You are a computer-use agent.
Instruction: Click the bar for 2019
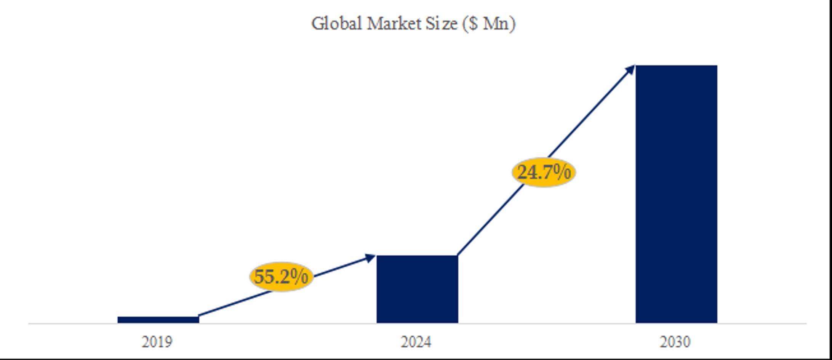pyautogui.click(x=158, y=320)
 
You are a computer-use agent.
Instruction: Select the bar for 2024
pyautogui.click(x=417, y=289)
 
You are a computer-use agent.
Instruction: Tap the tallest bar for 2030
pyautogui.click(x=676, y=194)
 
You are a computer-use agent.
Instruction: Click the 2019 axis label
pyautogui.click(x=157, y=342)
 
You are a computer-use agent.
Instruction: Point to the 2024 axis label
pyautogui.click(x=416, y=342)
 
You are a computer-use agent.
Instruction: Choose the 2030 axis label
pyautogui.click(x=675, y=342)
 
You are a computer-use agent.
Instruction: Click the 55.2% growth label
pyautogui.click(x=281, y=277)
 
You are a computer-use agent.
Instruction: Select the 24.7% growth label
pyautogui.click(x=544, y=172)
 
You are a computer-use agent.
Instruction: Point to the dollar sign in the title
pyautogui.click(x=473, y=24)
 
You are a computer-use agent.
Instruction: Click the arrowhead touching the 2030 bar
pyautogui.click(x=630, y=70)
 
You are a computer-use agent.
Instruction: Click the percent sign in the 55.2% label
pyautogui.click(x=301, y=277)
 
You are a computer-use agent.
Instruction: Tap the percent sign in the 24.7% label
pyautogui.click(x=563, y=172)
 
